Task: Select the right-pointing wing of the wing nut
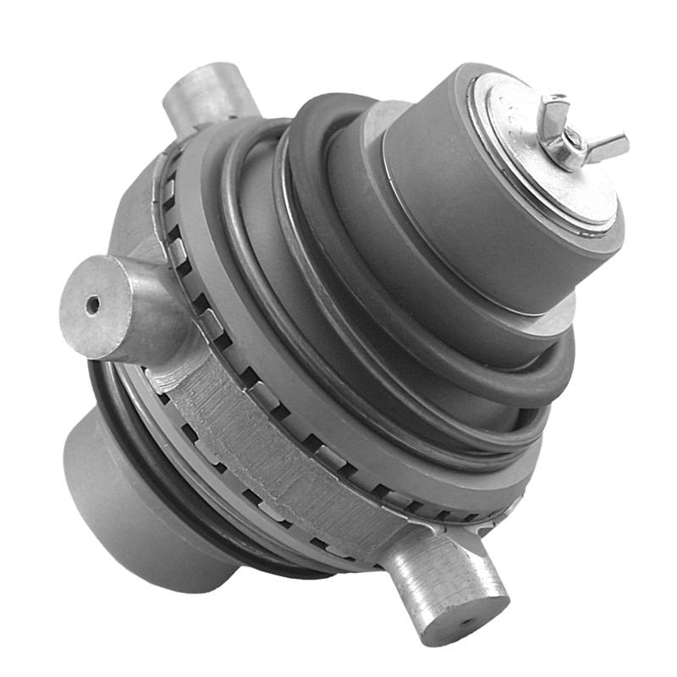coord(608,146)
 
